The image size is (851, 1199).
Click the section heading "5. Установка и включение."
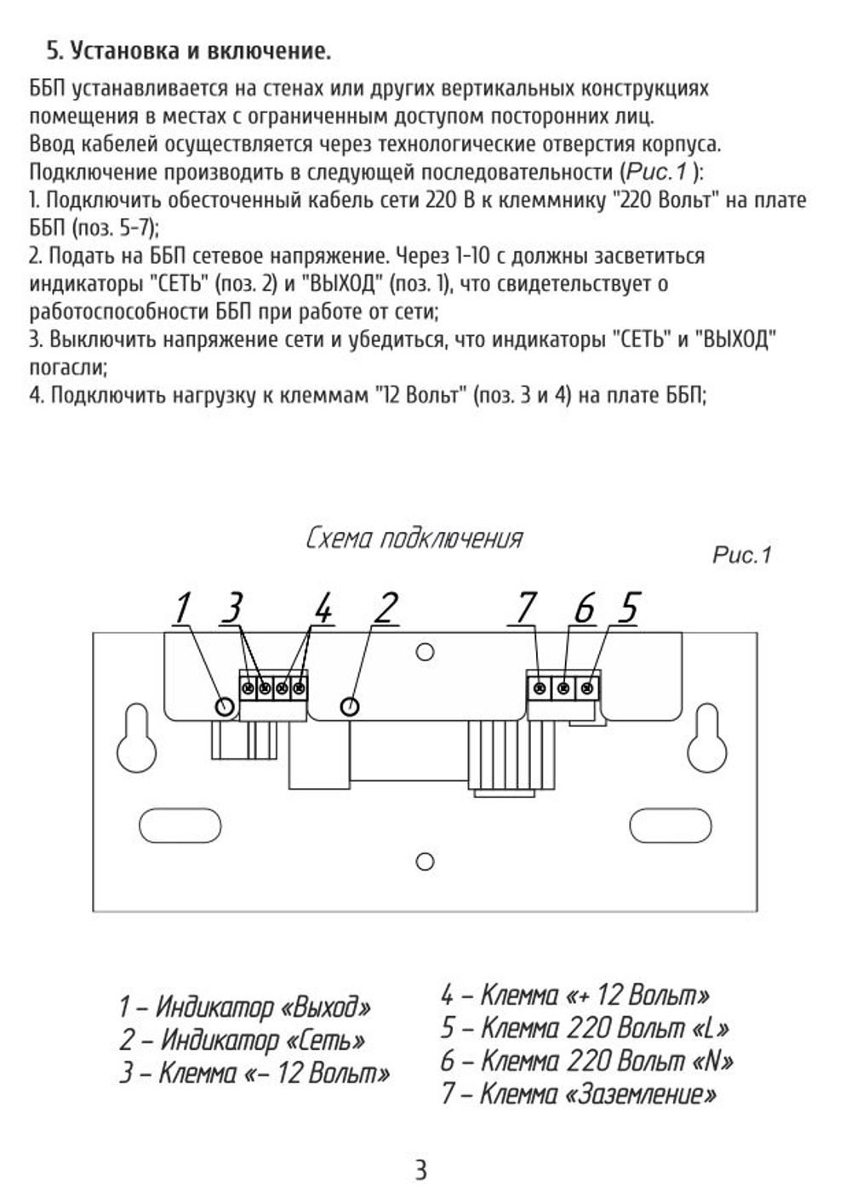[188, 51]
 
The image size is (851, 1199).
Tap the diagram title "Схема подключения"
[414, 539]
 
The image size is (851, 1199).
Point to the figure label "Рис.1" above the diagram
[741, 555]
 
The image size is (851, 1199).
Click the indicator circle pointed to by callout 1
[225, 705]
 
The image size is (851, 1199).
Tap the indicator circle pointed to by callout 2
[350, 705]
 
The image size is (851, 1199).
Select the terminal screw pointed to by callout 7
[539, 687]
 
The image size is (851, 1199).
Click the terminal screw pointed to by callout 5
[586, 687]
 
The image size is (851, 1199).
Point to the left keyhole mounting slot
[140, 736]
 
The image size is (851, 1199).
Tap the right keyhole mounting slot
[708, 736]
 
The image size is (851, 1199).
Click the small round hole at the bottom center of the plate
[425, 862]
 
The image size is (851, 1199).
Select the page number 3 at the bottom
[420, 1170]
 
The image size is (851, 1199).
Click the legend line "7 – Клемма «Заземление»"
[578, 1093]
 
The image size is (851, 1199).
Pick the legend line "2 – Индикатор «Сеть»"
[243, 1040]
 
